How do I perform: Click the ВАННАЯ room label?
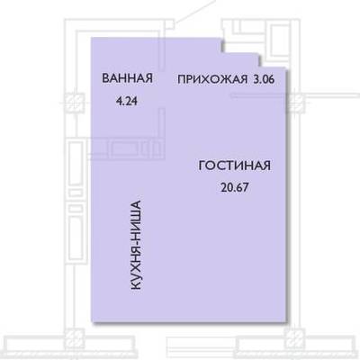(127, 78)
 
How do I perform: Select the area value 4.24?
(127, 101)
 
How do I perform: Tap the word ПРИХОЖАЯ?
(212, 80)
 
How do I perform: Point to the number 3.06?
(264, 79)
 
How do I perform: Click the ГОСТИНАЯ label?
(235, 166)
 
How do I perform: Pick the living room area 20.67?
(235, 187)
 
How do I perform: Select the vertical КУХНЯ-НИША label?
(136, 246)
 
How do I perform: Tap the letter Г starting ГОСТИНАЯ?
(202, 166)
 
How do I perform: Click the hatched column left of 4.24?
(75, 103)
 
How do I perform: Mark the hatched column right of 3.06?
(297, 103)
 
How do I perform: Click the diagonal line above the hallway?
(195, 12)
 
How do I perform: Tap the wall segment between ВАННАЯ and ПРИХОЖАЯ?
(162, 53)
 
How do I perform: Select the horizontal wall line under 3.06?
(257, 95)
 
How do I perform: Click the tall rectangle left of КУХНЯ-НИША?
(76, 238)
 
